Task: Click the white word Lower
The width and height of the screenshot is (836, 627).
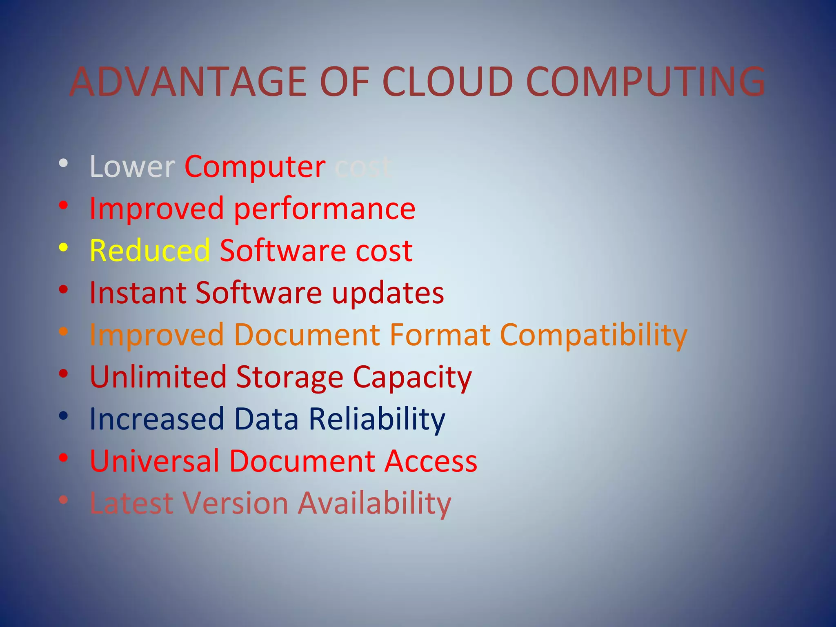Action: [132, 167]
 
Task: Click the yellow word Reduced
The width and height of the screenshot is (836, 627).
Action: [150, 251]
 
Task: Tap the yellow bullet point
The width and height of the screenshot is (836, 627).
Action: [63, 247]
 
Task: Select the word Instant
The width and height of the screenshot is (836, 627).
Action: [138, 293]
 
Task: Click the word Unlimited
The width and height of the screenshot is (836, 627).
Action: [158, 377]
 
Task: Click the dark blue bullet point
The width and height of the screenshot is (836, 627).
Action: [63, 416]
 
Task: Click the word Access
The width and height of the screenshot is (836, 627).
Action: [431, 461]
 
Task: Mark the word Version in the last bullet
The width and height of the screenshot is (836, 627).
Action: [236, 503]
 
